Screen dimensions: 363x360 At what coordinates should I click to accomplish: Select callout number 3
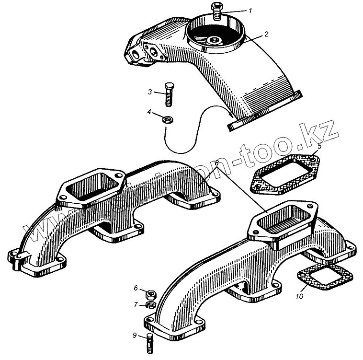150,92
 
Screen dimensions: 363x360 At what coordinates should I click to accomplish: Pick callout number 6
136,288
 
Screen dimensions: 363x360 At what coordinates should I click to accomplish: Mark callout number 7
136,304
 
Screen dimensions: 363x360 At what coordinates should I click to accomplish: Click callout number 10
299,297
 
